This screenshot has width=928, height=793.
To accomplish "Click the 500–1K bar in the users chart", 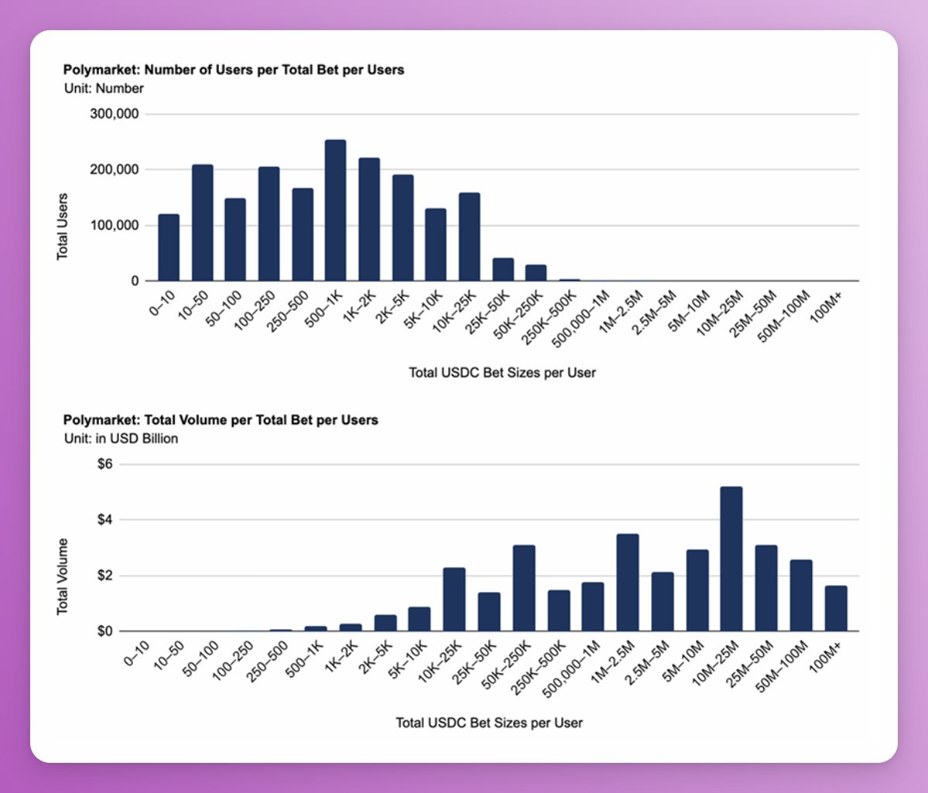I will tap(335, 210).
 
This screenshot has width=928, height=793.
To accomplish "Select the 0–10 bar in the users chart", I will tap(169, 247).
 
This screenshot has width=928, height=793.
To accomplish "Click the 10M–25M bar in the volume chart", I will tap(731, 559).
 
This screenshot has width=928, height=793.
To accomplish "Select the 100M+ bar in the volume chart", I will tap(835, 608).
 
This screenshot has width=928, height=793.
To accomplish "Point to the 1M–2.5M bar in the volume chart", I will tap(627, 582).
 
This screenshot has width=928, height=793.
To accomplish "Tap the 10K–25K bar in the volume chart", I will tap(454, 599).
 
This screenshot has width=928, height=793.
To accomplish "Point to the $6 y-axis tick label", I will tap(104, 465).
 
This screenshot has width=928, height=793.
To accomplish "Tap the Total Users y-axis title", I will tap(63, 226).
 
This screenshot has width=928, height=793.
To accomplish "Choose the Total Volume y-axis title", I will tap(63, 577).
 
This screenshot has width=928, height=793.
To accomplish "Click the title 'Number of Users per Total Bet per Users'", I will tap(234, 70).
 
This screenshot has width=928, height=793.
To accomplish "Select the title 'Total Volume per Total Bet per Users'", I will tap(220, 420).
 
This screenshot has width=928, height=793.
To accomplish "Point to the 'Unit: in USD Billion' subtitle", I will tap(121, 438).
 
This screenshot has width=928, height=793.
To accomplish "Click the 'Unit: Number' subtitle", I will tap(104, 88).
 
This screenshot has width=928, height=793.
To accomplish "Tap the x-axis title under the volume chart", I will tap(489, 723).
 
